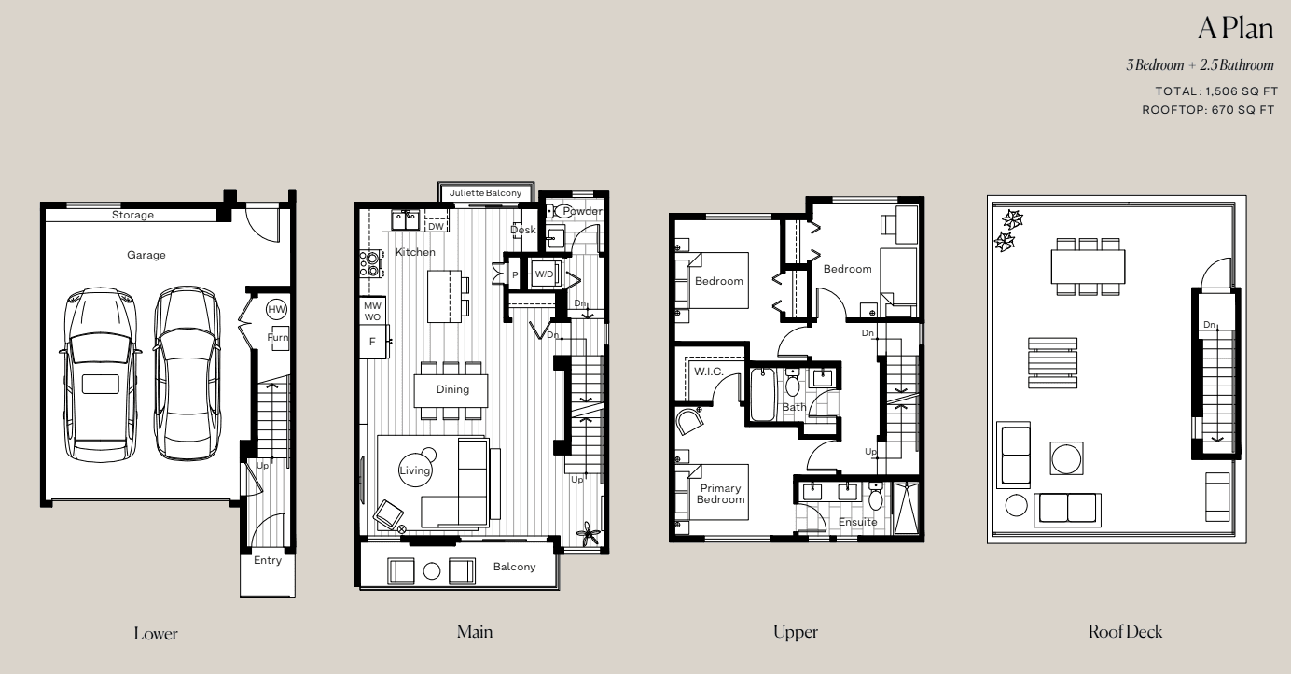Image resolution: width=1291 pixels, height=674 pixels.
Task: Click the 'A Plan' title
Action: tap(1236, 28)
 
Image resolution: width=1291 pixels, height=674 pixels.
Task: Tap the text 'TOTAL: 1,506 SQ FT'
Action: tap(1216, 91)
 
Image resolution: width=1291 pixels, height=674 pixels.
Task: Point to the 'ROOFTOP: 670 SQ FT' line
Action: tap(1209, 109)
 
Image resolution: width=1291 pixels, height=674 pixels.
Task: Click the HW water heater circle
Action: tap(277, 309)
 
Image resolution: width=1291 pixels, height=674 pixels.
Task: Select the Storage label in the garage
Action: tap(132, 215)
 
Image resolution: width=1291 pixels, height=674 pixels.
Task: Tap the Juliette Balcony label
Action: tap(485, 192)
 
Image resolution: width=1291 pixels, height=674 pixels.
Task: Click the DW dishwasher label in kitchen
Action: tap(437, 227)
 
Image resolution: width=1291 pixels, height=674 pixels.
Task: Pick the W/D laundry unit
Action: tap(545, 274)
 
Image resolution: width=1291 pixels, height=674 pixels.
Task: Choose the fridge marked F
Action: tap(373, 342)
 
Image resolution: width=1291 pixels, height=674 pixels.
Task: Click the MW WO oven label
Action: tap(372, 312)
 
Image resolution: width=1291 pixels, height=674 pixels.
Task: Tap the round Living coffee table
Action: tap(415, 470)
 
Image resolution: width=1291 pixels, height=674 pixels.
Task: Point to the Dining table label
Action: tap(452, 389)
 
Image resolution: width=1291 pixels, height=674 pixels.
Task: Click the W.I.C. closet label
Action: tap(708, 372)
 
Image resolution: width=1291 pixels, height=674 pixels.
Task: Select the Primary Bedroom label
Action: tap(720, 494)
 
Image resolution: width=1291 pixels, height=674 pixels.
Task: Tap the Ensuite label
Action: tap(857, 522)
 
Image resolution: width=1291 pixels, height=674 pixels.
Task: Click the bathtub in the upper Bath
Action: tap(763, 395)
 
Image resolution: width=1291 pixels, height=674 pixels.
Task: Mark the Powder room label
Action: tap(582, 211)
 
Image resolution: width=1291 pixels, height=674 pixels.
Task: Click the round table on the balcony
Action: tap(432, 571)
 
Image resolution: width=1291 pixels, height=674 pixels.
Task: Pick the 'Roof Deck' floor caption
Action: tap(1125, 631)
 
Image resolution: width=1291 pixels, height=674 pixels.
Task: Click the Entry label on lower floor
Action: tap(268, 560)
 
